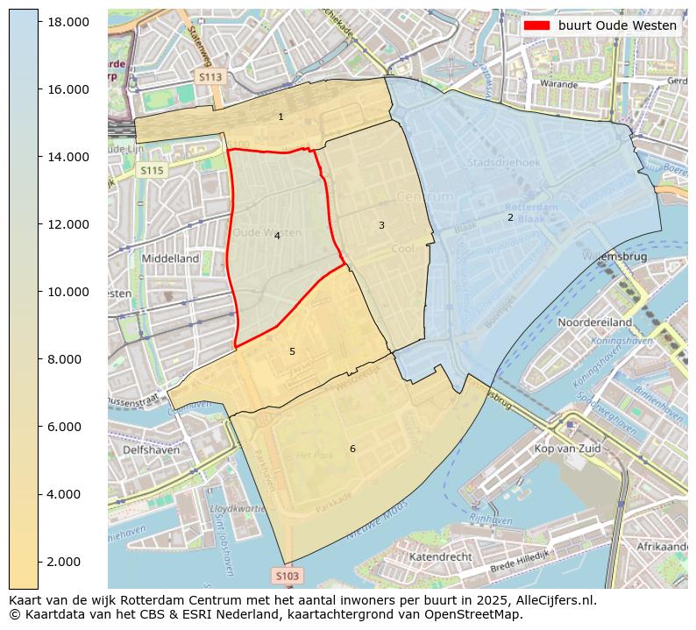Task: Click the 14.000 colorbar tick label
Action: (x=67, y=157)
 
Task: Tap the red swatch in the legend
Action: (x=536, y=25)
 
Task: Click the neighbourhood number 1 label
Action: (x=281, y=117)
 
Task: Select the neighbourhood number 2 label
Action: (x=510, y=217)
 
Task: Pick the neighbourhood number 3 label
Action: (x=381, y=225)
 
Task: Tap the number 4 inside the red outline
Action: (x=277, y=236)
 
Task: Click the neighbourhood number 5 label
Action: (x=292, y=351)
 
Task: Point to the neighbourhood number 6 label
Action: (x=352, y=449)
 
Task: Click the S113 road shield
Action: (x=210, y=77)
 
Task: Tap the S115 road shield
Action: (x=152, y=171)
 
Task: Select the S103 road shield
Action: (x=287, y=576)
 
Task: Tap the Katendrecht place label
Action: (x=441, y=556)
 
